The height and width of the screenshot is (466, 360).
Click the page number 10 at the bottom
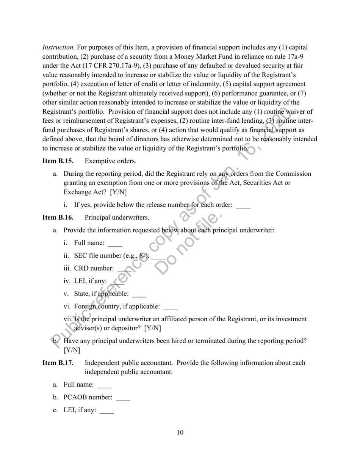(x=180, y=433)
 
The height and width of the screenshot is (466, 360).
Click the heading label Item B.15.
(x=58, y=161)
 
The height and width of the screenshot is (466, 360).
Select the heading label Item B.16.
(x=58, y=217)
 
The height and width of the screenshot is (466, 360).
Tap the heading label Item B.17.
(x=58, y=363)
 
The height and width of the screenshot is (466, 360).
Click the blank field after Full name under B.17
(x=104, y=385)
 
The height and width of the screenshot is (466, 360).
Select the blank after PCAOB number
(x=123, y=398)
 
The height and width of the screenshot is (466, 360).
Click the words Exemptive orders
(x=110, y=161)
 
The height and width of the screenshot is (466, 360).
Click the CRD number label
(x=94, y=268)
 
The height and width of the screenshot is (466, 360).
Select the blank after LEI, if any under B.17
(x=106, y=411)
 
